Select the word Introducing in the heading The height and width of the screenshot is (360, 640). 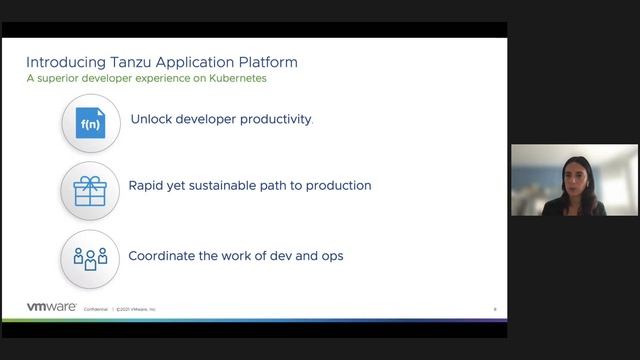coord(68,62)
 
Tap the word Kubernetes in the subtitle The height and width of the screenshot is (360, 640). coord(236,78)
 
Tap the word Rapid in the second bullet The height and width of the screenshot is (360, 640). coord(148,185)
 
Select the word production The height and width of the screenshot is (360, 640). coord(336,185)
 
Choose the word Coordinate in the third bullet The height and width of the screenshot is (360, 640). coord(165,255)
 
